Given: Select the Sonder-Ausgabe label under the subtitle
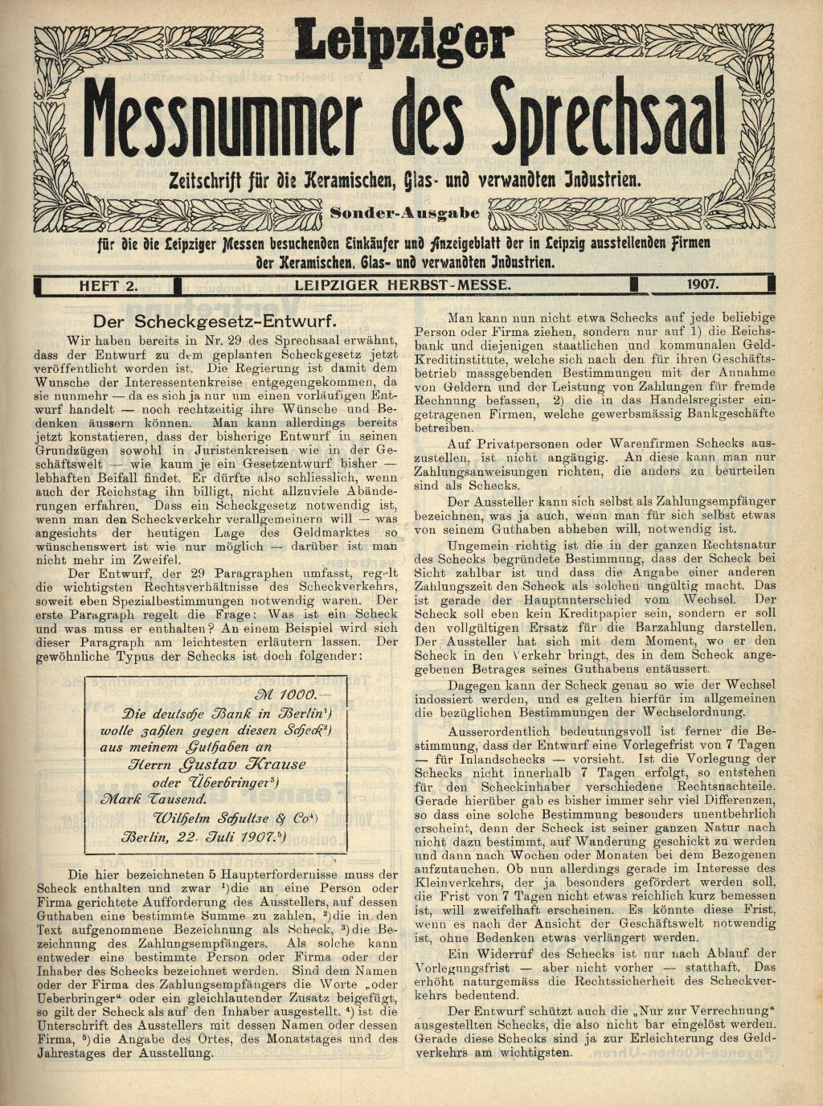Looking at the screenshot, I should pos(405,215).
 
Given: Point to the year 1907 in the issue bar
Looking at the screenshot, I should pos(702,285).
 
